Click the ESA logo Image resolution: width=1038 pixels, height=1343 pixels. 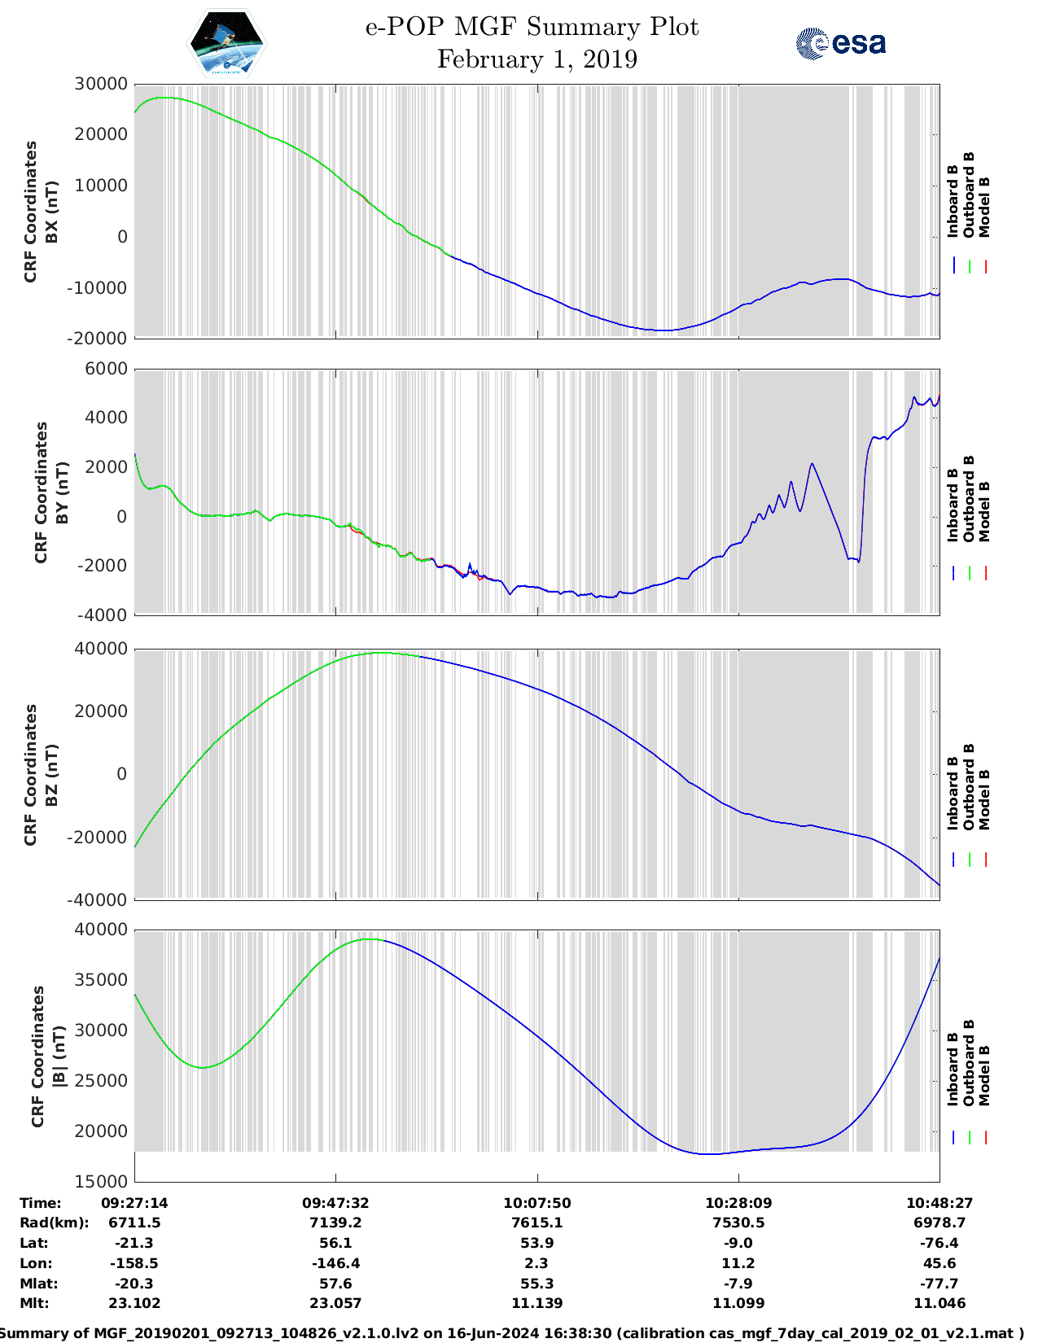click(841, 43)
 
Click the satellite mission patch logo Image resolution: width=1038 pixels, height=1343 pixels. click(226, 43)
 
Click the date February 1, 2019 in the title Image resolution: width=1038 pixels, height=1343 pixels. click(537, 59)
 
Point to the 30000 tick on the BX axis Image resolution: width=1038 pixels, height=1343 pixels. click(101, 84)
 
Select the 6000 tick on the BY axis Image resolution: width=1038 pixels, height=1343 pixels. click(107, 369)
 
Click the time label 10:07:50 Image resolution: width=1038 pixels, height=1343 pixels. click(537, 1202)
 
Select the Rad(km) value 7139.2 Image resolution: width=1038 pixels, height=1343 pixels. click(335, 1223)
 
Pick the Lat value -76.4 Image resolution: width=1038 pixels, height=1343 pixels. click(939, 1243)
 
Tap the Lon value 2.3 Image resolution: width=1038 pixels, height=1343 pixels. click(537, 1263)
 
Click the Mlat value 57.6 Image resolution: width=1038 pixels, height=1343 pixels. click(335, 1284)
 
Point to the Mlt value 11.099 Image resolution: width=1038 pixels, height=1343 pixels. click(738, 1303)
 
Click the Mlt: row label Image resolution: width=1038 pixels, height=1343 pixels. click(34, 1303)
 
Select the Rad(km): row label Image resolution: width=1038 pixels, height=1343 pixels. click(54, 1223)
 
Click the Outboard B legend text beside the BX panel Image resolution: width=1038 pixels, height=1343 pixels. click(969, 195)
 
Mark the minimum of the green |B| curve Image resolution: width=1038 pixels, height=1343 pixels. click(203, 1067)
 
